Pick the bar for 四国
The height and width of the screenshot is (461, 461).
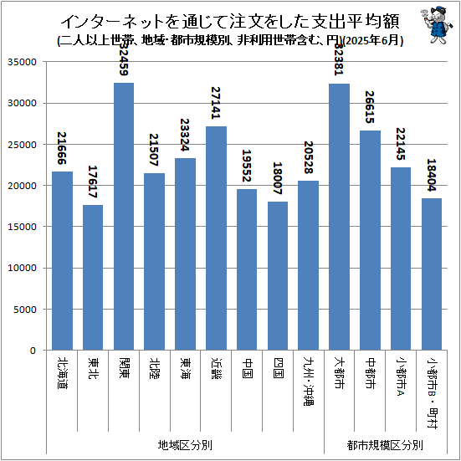(278, 275)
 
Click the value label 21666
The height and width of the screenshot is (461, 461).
(62, 147)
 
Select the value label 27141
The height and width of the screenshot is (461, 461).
(216, 103)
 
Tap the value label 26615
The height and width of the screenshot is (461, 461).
(370, 107)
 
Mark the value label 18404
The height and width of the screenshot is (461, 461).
(432, 175)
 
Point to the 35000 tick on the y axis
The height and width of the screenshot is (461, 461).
(23, 62)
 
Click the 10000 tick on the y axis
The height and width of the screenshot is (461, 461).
(23, 268)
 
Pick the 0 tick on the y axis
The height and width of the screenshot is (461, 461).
(34, 351)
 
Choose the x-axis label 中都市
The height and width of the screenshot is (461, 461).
(370, 372)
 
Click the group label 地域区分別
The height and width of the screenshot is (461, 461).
(185, 444)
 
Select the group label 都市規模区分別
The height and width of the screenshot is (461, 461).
(385, 444)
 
